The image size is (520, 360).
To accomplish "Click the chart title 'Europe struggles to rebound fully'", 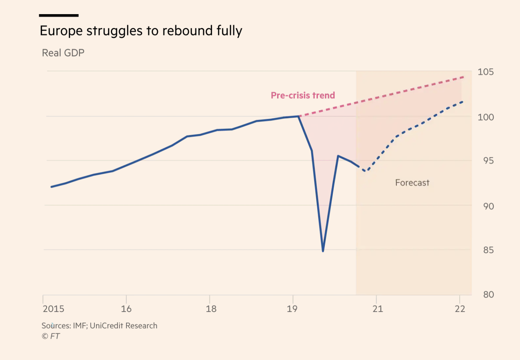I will (141, 31).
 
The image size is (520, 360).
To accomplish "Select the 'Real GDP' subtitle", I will (63, 53).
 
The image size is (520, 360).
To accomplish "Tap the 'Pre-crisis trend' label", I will (303, 95).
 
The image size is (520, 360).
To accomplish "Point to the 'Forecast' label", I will (412, 183).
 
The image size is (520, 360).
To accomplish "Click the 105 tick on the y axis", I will (485, 72).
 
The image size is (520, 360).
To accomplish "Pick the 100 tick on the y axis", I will (485, 117).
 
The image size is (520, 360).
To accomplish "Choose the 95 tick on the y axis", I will (488, 161).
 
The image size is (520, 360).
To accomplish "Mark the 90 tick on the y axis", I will (488, 206).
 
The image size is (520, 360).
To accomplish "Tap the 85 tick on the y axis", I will (488, 250).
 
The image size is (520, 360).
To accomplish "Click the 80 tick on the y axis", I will (488, 295).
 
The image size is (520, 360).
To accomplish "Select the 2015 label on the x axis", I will (53, 309).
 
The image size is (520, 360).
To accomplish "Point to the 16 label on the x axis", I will (126, 309).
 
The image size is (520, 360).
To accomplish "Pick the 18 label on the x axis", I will (211, 309).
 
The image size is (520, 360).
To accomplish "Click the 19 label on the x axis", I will (292, 309).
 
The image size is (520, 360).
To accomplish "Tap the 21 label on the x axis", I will (378, 309).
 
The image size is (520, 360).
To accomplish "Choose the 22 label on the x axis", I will (460, 309).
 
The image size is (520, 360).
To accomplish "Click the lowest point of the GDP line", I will (323, 251).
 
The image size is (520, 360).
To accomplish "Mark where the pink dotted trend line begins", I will (300, 116).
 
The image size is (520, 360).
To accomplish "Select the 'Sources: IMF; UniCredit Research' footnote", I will (99, 326).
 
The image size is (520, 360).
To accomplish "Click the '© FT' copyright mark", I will (51, 336).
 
